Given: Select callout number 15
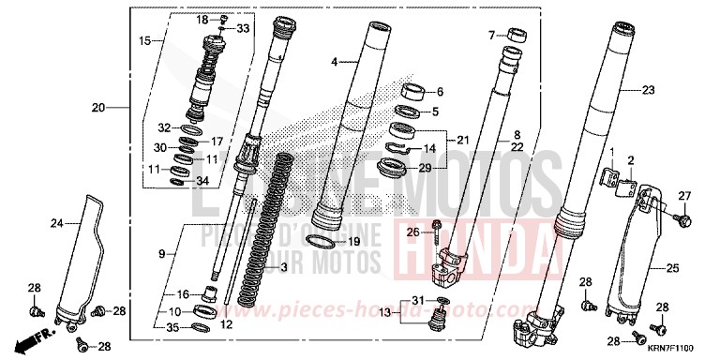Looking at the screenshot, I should tap(144, 41).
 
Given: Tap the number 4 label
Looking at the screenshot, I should tap(333, 62).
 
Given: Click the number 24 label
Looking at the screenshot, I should tap(55, 222).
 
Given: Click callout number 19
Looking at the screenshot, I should tap(353, 241).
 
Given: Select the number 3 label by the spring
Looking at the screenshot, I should tap(282, 269).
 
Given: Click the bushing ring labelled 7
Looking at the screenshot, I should tap(513, 36).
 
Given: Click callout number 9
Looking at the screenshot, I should tap(160, 254).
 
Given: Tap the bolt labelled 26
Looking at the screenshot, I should tap(438, 232).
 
